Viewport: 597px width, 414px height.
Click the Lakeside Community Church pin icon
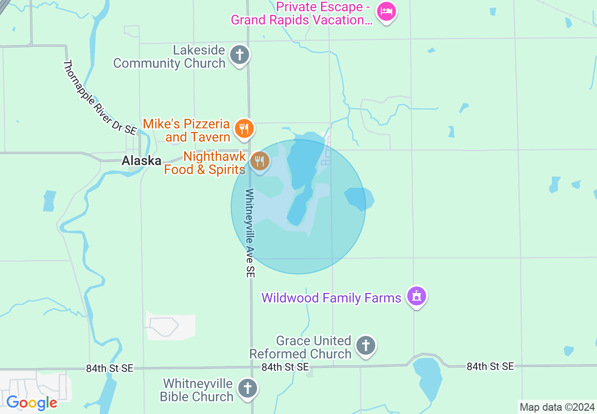240,56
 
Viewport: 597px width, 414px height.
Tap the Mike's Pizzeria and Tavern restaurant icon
244,128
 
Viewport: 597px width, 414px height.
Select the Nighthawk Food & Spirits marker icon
259,161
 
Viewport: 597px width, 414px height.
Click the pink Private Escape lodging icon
387,11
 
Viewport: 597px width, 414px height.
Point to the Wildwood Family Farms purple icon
417,296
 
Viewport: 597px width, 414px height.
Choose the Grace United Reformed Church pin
366,346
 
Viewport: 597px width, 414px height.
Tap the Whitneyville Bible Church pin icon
247,389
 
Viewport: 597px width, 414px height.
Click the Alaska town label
141,161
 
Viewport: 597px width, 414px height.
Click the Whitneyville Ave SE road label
250,233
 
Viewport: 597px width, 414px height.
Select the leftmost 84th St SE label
110,368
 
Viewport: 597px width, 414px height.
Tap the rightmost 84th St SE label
490,366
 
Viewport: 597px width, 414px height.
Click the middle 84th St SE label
285,367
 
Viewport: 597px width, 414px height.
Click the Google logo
32,403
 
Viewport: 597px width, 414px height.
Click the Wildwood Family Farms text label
331,298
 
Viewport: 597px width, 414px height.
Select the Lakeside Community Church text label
169,57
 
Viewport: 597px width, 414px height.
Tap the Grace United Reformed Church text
301,347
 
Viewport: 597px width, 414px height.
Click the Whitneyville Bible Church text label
197,390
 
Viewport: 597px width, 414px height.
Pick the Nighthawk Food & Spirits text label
205,163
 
